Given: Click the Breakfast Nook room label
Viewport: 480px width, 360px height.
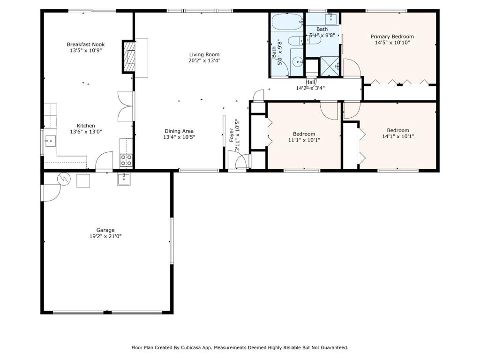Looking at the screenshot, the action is click(x=86, y=45).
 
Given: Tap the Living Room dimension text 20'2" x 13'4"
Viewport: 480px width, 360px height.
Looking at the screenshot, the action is click(x=204, y=60).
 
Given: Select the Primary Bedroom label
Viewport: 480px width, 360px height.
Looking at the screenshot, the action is click(x=392, y=37).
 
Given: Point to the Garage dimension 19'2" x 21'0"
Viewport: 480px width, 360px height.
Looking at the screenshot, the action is click(x=105, y=236).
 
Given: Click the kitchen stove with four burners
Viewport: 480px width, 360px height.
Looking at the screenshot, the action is click(x=126, y=160).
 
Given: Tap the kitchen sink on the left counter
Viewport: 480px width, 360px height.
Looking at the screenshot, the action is click(x=51, y=141).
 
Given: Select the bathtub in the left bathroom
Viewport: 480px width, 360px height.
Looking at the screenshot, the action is click(x=287, y=22).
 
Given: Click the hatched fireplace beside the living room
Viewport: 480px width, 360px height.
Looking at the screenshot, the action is click(x=129, y=57).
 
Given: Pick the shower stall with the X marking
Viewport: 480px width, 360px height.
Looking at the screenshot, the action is click(x=330, y=66).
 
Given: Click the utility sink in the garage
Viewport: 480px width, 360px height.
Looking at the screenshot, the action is click(x=124, y=179).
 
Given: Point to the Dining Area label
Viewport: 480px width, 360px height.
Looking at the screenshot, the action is click(x=179, y=131).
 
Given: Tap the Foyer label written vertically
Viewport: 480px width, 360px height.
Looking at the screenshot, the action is click(x=232, y=135).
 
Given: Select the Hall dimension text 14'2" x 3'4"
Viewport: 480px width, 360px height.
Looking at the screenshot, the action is click(x=310, y=88).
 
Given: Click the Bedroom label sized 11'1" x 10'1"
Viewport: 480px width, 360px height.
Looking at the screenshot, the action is click(x=304, y=134).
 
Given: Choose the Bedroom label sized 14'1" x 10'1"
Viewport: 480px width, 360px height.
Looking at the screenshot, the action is click(x=398, y=130).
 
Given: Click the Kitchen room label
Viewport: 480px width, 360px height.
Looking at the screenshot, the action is click(x=86, y=126).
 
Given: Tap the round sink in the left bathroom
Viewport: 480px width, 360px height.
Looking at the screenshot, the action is click(x=297, y=62).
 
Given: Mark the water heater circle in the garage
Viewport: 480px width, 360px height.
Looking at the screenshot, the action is click(x=64, y=179).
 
